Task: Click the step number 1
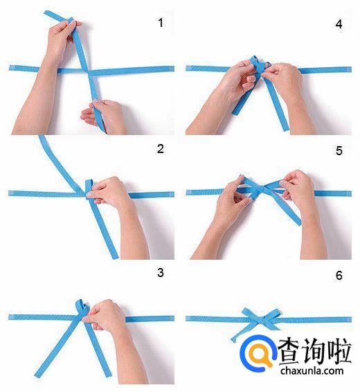click(161, 23)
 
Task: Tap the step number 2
click(161, 149)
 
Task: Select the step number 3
click(161, 272)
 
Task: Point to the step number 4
click(339, 24)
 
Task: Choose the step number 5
click(339, 151)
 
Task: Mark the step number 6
click(339, 275)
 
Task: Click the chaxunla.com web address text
click(312, 371)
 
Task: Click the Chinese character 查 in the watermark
click(291, 350)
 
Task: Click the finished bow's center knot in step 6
click(261, 319)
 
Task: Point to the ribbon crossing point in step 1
click(88, 71)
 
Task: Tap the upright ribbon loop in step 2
click(89, 189)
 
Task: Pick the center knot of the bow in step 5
click(261, 189)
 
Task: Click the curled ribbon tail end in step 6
click(234, 339)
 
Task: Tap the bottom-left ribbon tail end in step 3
click(38, 374)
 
